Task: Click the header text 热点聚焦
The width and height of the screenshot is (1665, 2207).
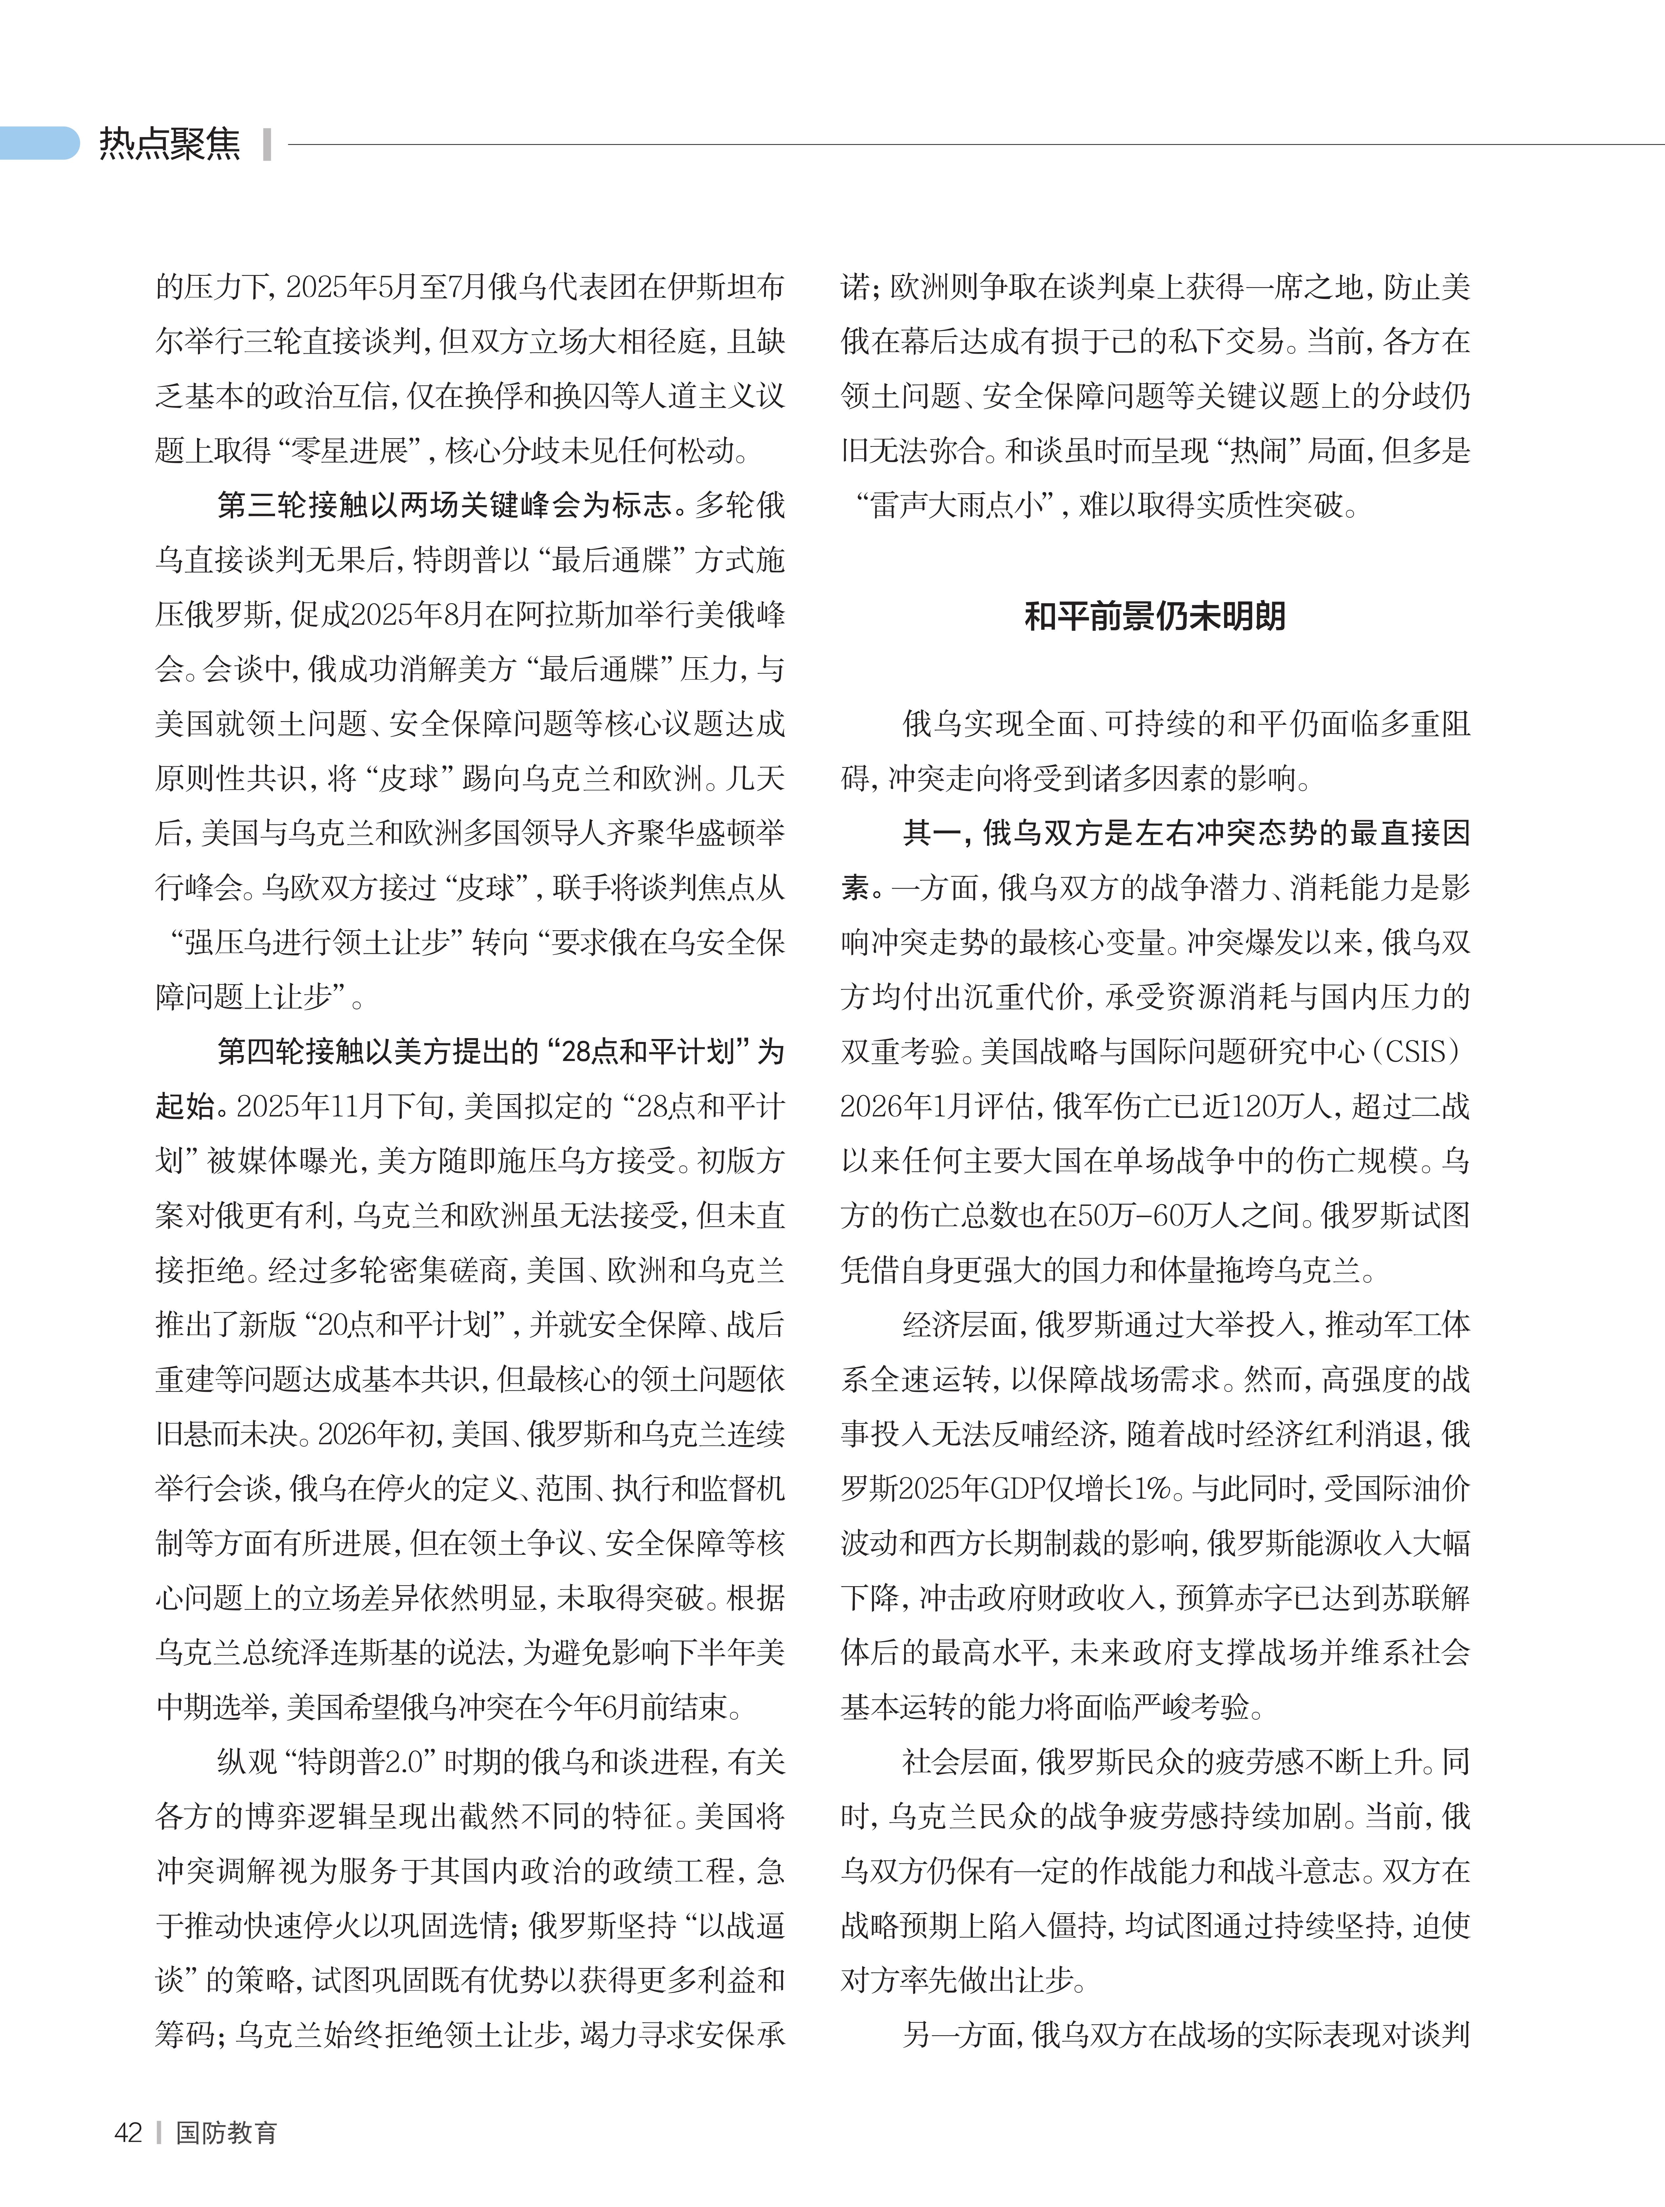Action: point(169,144)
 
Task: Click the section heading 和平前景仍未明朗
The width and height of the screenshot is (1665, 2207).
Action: point(1155,616)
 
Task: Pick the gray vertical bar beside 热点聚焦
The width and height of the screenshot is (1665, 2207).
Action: point(267,144)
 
